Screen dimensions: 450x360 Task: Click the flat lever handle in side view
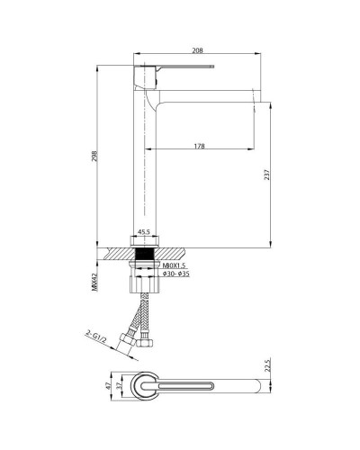180,68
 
